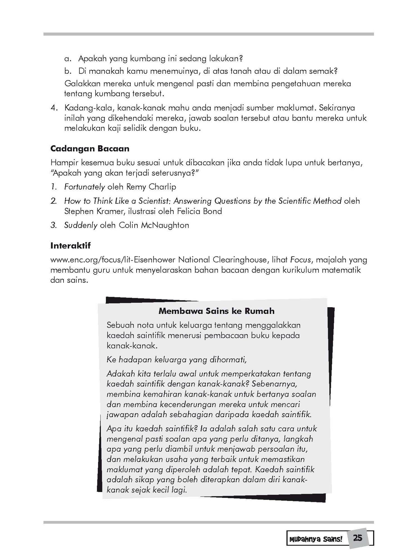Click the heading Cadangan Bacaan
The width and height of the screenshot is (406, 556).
[x=90, y=149]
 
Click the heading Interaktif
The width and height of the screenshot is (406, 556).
[x=71, y=246]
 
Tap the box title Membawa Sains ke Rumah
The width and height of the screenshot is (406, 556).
[x=216, y=311]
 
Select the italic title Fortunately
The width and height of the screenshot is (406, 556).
[x=84, y=187]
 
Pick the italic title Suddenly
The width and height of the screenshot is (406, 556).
[x=81, y=225]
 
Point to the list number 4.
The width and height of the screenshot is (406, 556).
[x=53, y=108]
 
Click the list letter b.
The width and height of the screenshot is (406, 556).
[x=67, y=71]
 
